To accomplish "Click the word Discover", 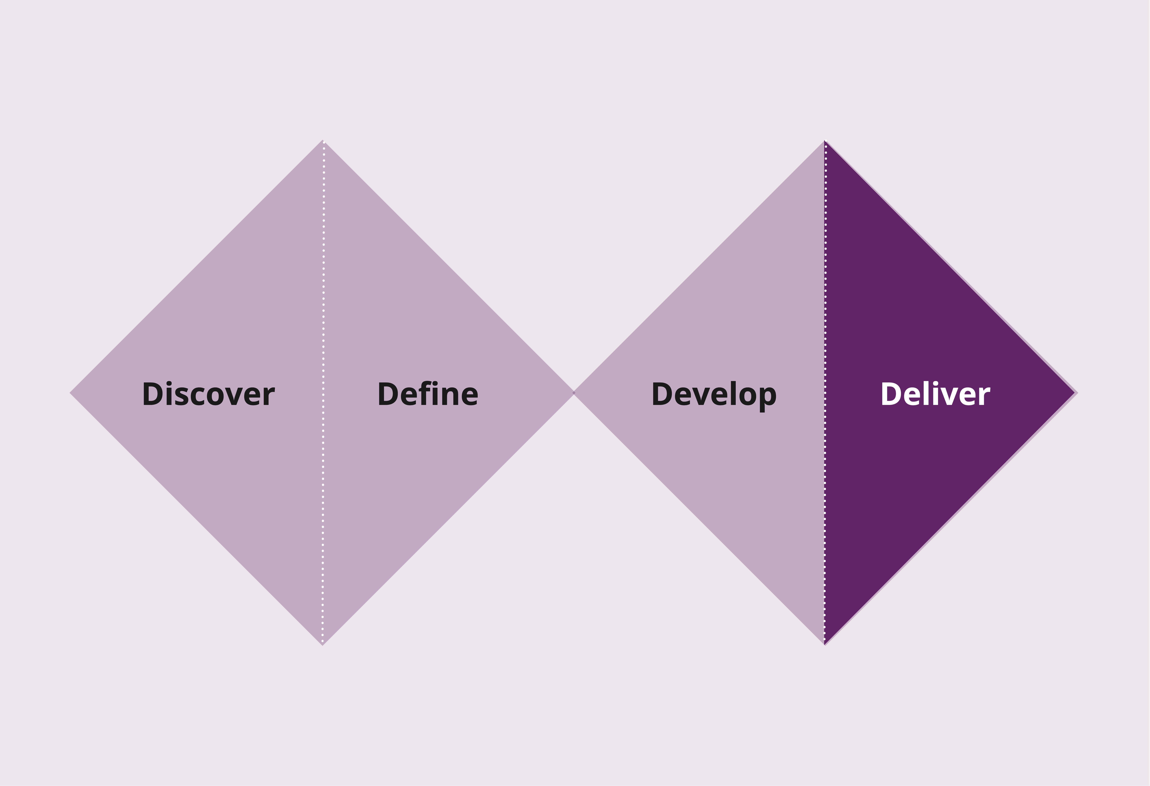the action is click(x=208, y=394).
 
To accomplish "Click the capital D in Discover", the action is click(x=153, y=394).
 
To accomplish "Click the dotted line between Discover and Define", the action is click(x=323, y=392).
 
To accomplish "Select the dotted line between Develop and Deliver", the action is click(x=825, y=392).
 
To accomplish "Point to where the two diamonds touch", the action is click(x=574, y=392).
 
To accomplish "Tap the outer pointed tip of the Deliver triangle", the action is click(x=1077, y=393).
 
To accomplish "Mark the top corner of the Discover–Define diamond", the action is click(x=323, y=140).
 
